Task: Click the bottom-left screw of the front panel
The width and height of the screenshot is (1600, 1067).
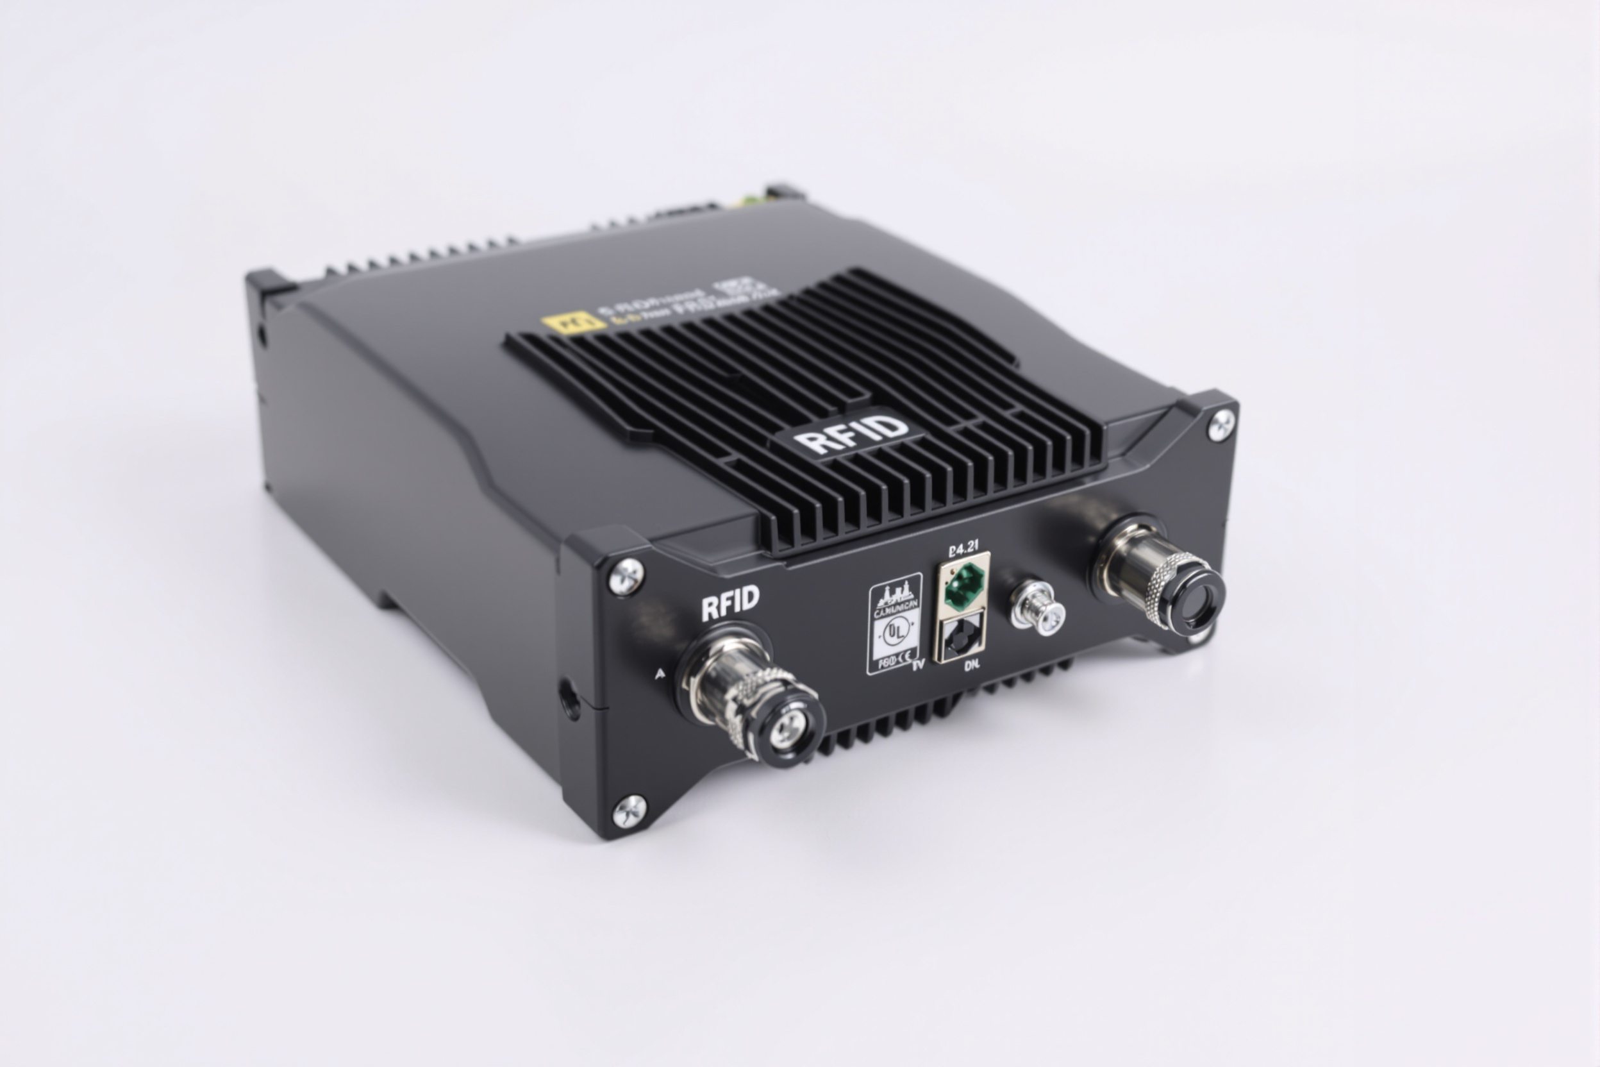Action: pyautogui.click(x=629, y=811)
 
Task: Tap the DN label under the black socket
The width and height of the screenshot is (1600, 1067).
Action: pyautogui.click(x=971, y=666)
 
